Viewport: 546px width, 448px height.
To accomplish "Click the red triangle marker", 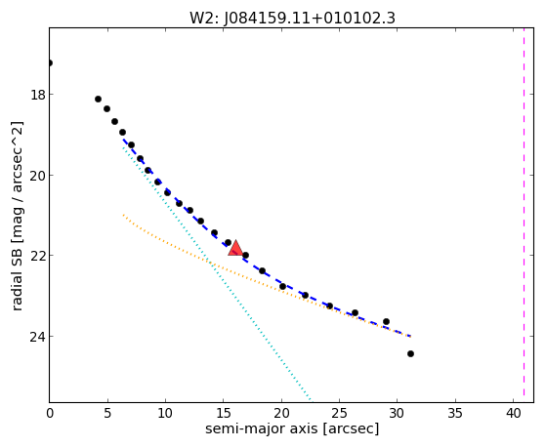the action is coord(235,248).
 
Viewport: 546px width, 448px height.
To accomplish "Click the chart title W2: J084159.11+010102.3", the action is coord(292,19).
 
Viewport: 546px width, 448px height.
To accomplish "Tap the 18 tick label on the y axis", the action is coord(37,95).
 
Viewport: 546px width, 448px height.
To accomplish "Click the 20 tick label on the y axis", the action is coord(37,175).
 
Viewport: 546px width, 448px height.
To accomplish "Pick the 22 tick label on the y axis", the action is coord(37,255).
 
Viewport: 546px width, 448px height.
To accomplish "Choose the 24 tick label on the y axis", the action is coord(37,337).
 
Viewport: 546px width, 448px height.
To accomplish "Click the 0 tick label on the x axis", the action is coord(50,413).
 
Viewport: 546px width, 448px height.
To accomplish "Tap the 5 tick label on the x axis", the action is coord(107,413).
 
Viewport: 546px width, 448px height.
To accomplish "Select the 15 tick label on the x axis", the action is coord(224,413).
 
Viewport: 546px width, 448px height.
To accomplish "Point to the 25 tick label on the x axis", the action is coord(339,413).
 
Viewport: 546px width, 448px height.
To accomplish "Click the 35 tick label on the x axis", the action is coord(455,413).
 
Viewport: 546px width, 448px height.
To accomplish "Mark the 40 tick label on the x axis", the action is coord(513,413).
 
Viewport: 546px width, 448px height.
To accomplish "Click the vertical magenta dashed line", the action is coord(525,215).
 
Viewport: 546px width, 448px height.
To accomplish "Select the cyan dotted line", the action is coord(217,273).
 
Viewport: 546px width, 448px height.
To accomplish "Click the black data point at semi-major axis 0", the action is coord(50,63).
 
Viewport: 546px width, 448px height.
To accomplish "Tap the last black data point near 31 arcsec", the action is coord(410,354).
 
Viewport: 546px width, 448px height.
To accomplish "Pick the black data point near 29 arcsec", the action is coord(386,322).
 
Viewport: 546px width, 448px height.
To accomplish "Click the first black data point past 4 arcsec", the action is coord(99,100).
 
